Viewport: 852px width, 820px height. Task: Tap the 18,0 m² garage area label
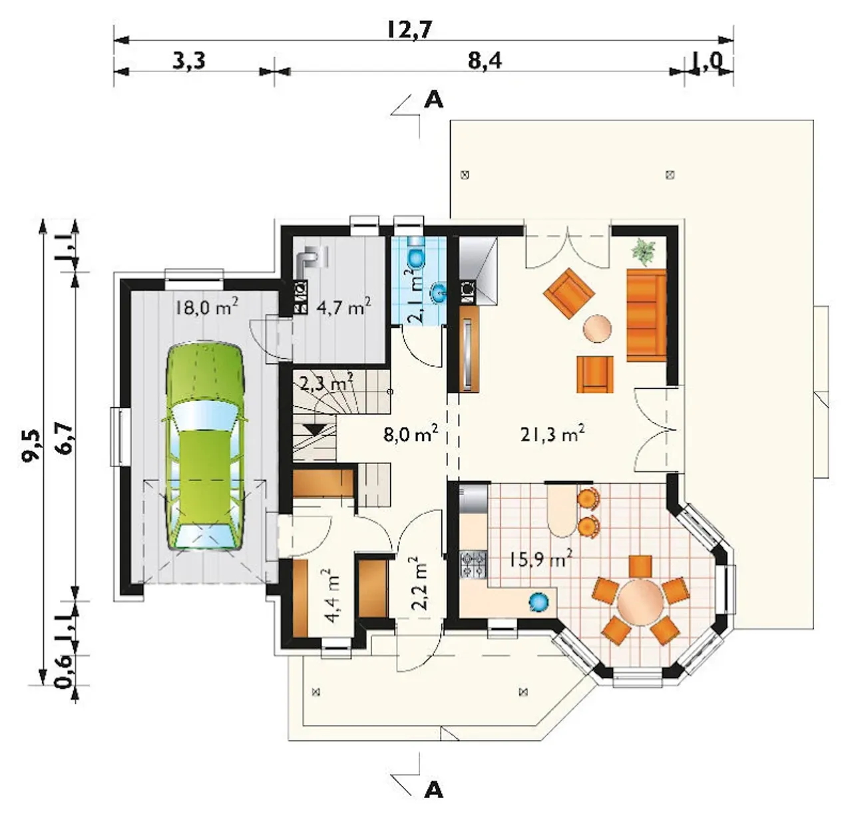tap(206, 307)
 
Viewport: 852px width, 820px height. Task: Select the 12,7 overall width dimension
tap(410, 30)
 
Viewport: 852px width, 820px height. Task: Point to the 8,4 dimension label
tap(485, 61)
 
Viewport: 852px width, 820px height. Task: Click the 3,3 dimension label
tap(188, 61)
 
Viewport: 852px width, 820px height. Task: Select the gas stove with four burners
tap(473, 565)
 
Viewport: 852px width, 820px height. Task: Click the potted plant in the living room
tap(644, 252)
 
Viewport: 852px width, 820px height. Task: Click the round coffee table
tap(597, 328)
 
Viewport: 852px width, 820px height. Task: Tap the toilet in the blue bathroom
tap(417, 254)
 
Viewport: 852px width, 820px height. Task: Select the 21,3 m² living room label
tap(552, 435)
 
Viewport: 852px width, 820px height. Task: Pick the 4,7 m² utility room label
tap(344, 307)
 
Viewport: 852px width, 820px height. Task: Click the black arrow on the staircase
tap(315, 429)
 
